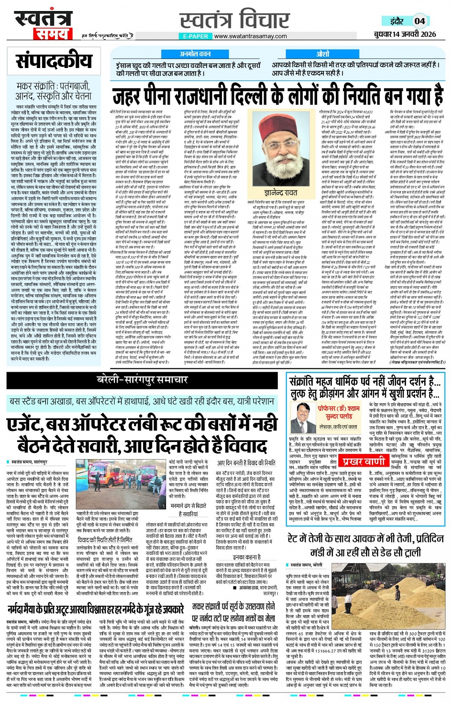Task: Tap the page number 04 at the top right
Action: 419,21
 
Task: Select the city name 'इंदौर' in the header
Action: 397,22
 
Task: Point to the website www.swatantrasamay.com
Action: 251,36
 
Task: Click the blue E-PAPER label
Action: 196,36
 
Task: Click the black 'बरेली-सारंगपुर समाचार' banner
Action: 143,380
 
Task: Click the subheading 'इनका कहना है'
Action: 245,557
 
